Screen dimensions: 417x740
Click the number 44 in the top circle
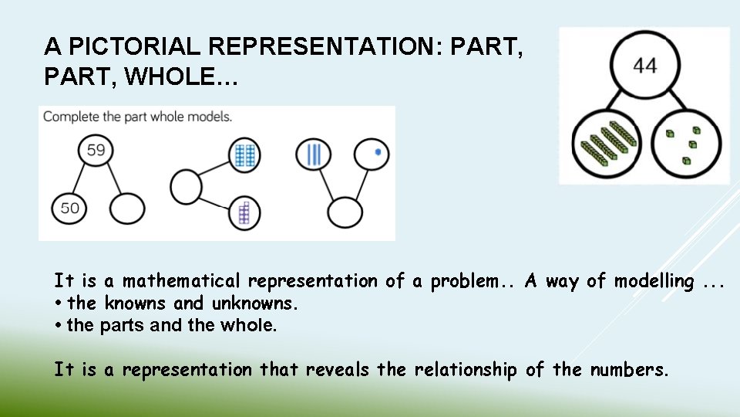click(x=645, y=66)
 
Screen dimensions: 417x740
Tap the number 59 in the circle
click(x=96, y=150)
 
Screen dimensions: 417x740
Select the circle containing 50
click(x=69, y=208)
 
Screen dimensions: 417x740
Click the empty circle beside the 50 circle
click(x=127, y=208)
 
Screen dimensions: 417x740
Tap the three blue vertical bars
click(x=314, y=154)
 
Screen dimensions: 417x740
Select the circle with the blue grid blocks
click(x=245, y=155)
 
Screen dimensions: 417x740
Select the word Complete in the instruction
click(x=70, y=117)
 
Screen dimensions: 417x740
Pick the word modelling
click(x=654, y=281)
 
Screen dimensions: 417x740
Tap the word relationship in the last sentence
click(x=466, y=370)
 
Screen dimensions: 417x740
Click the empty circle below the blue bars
click(x=345, y=212)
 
